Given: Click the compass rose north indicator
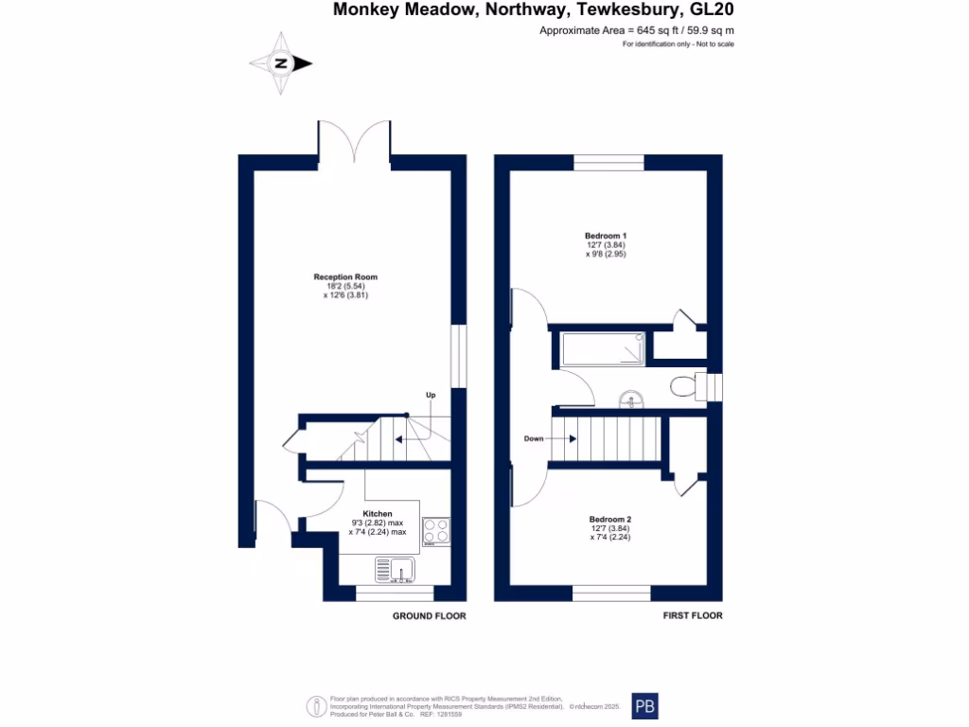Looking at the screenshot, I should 281,63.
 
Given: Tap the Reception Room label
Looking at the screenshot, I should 345,277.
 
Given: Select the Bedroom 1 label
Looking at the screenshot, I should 606,236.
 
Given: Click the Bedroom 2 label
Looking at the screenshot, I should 609,519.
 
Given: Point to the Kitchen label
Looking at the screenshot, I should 377,513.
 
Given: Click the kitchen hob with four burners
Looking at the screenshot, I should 435,531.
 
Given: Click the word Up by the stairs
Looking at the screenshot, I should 431,394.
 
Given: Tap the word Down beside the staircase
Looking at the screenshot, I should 534,438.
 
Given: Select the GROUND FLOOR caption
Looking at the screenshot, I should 430,616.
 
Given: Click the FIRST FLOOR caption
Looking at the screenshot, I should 693,616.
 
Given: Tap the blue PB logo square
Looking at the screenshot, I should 645,706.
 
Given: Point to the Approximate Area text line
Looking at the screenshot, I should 636,31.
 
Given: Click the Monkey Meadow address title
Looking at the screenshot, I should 533,10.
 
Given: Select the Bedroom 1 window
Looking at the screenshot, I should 608,162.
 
